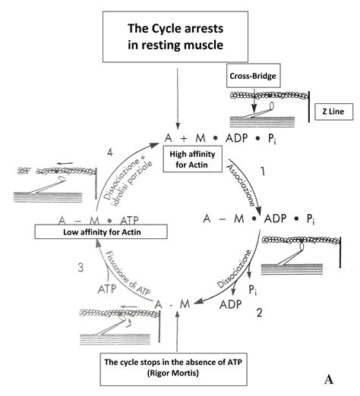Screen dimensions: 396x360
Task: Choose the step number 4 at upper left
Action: point(109,153)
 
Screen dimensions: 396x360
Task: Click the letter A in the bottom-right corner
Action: point(330,378)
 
